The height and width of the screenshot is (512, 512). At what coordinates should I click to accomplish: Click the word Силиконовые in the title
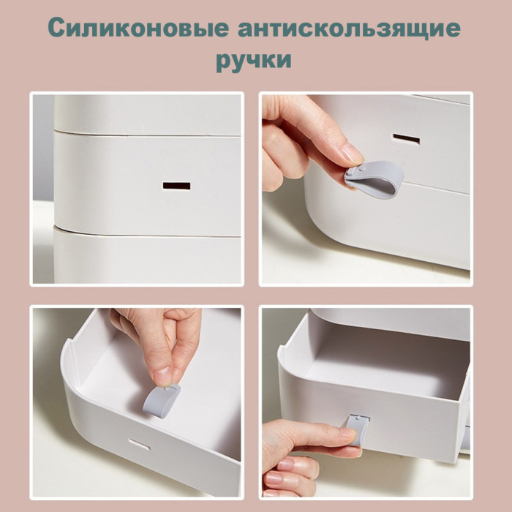139,28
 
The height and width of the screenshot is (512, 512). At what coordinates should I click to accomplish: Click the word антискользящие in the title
350,29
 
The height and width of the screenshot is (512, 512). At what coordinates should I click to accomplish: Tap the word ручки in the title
254,61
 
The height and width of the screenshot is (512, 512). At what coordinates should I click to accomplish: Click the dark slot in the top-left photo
176,186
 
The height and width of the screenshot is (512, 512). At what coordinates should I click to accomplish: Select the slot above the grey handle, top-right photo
406,139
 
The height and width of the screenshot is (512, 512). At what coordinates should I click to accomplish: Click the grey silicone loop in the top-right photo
374,179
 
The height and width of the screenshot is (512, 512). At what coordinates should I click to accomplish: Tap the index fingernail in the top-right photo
353,154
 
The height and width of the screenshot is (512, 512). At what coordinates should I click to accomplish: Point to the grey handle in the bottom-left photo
162,401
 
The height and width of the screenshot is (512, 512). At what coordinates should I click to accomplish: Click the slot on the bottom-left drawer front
140,444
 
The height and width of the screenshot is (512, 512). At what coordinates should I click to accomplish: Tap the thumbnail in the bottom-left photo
162,376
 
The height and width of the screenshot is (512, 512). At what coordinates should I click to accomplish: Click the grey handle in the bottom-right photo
358,428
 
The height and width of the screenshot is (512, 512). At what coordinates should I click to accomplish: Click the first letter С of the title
58,28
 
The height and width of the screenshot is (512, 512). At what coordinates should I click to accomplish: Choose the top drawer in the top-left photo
147,114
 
